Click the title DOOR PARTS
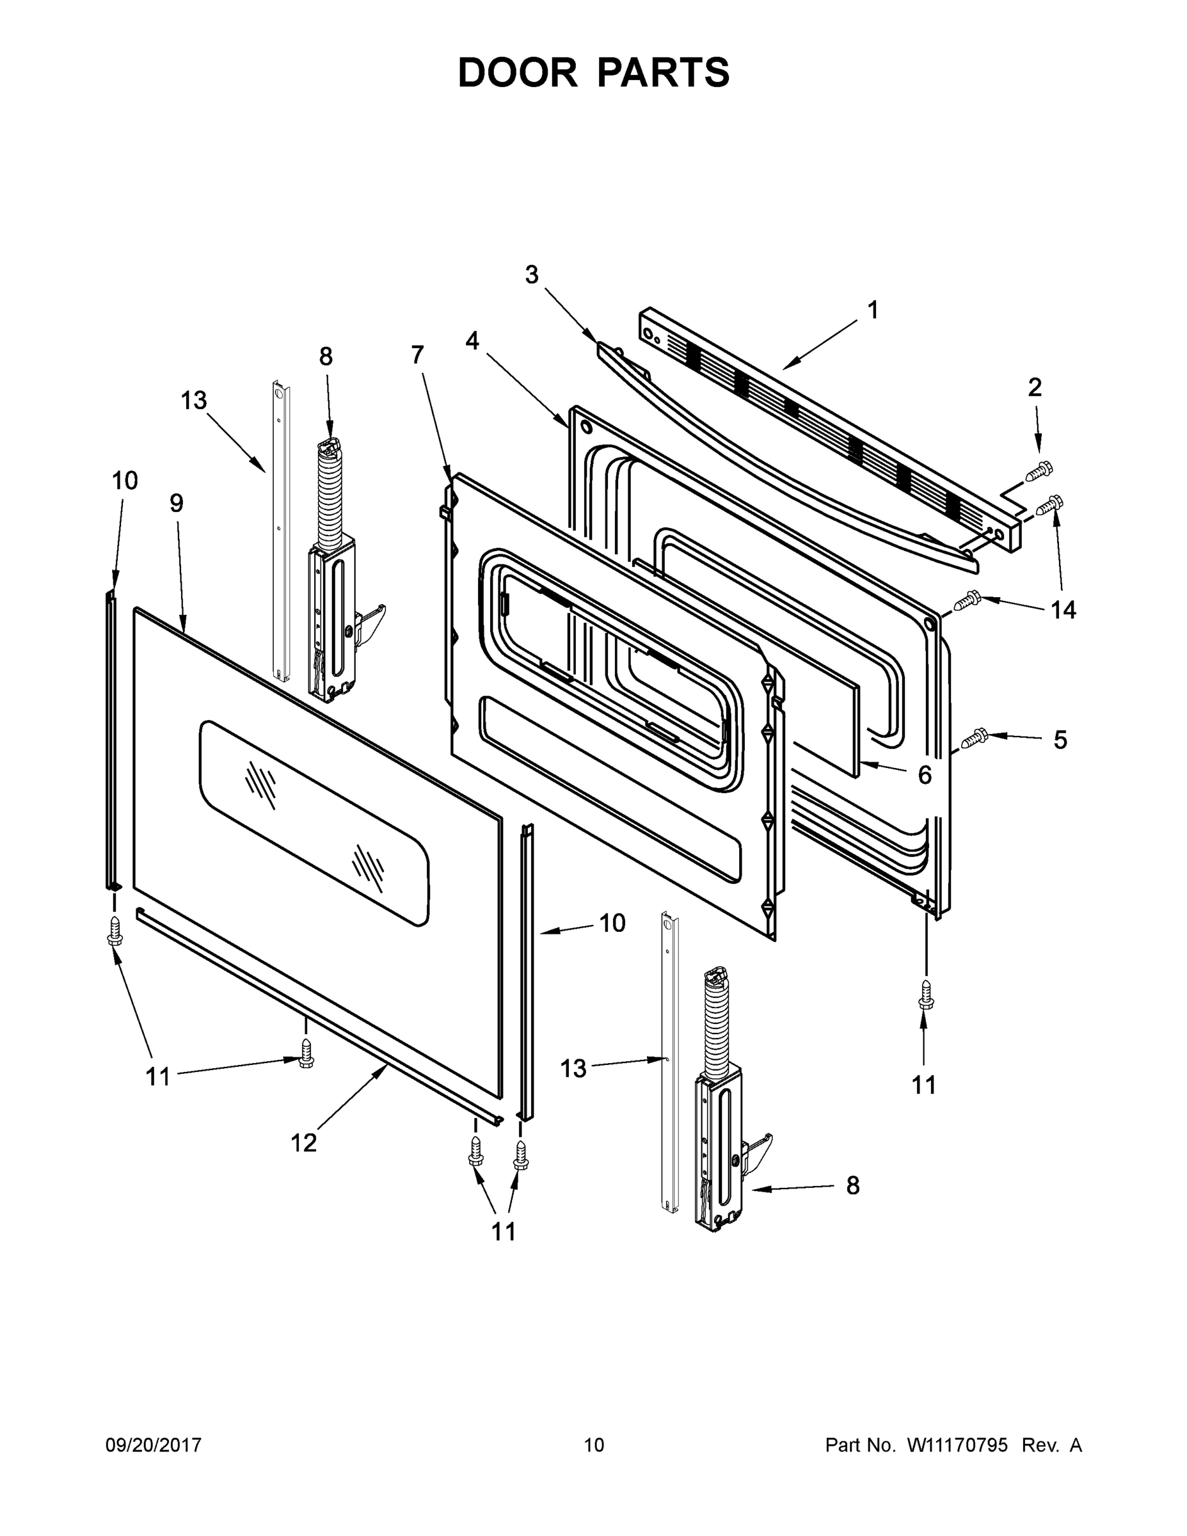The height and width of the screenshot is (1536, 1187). coord(594,73)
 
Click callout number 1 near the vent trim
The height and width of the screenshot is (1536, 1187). coord(873,310)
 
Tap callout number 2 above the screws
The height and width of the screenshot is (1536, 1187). coord(1035,387)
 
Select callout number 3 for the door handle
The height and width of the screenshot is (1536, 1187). coord(532,275)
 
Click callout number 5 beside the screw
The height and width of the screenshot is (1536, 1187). coord(1060,740)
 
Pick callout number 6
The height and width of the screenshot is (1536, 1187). coord(925,775)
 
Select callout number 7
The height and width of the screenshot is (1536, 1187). coord(418,355)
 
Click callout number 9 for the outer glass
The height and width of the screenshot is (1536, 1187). coord(177,503)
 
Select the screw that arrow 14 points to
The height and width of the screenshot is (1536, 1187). coord(968,600)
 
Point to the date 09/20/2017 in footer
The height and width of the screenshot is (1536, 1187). coord(154,1445)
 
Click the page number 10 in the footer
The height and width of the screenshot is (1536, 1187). coord(594,1445)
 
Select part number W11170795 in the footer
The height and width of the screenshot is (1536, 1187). coord(957,1445)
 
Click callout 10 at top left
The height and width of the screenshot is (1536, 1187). coord(125,481)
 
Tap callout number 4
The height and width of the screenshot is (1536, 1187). coord(472,341)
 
